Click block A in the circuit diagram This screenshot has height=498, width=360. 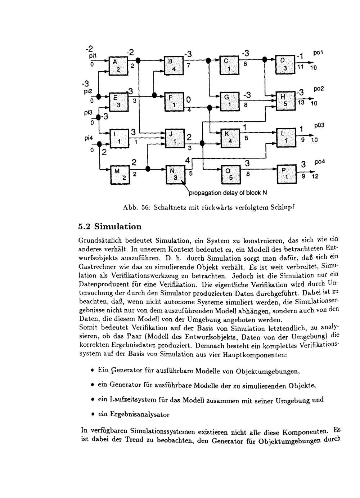118,66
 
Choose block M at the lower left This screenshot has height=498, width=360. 120,175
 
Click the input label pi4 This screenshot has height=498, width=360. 89,138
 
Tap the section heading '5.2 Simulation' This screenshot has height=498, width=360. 110,227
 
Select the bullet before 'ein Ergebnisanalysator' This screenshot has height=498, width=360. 93,414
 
